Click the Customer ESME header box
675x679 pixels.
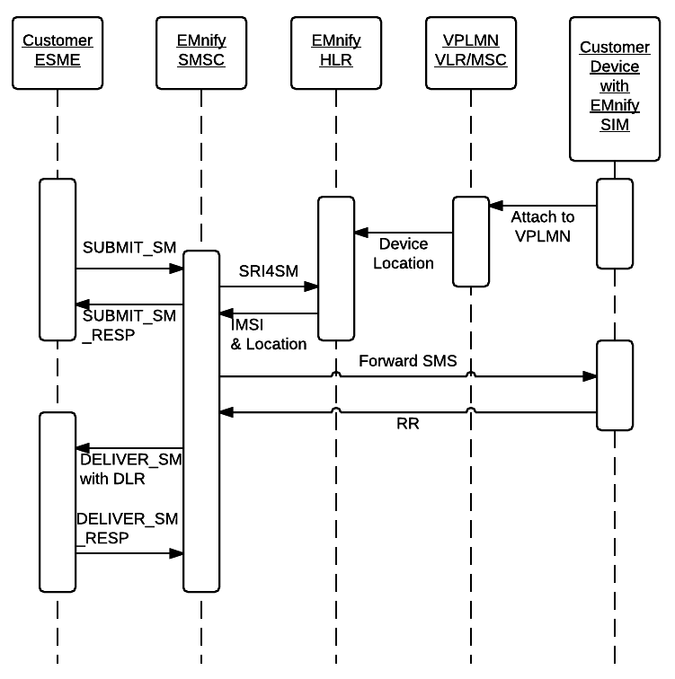58,51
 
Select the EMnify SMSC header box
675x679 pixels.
201,51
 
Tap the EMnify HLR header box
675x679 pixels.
336,51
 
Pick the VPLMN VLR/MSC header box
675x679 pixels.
470,51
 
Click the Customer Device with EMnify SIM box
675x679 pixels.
615,86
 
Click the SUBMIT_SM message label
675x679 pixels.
129,247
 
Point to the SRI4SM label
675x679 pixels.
268,269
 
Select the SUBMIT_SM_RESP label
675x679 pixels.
130,325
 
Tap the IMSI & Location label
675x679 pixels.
269,335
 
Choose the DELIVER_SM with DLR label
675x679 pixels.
130,469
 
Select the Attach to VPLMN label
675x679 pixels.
542,226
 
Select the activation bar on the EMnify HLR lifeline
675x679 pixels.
336,269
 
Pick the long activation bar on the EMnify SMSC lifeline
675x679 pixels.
201,421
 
